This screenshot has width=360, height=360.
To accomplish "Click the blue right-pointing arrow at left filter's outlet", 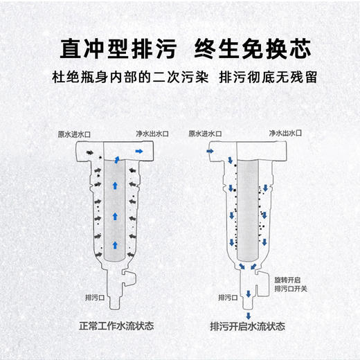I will pos(139,150).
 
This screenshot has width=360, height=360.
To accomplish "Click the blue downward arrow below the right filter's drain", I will pos(247,315).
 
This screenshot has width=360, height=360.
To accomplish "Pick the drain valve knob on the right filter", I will pos(262,278).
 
